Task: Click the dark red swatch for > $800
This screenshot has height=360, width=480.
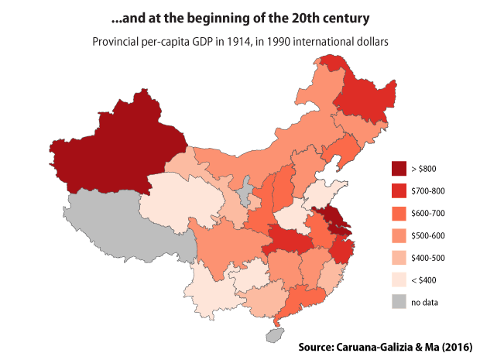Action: click(x=399, y=168)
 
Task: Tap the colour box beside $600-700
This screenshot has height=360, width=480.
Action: click(x=399, y=213)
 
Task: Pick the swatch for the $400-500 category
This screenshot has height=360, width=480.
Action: click(x=399, y=257)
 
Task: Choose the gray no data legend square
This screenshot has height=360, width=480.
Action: click(x=399, y=302)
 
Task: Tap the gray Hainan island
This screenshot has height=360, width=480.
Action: click(x=273, y=334)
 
